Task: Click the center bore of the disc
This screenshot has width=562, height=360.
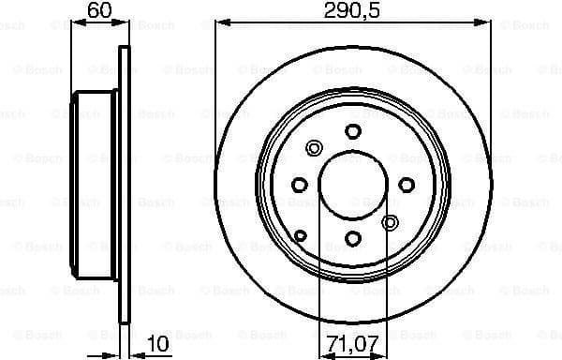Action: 352,185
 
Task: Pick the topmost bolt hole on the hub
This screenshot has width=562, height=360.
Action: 352,131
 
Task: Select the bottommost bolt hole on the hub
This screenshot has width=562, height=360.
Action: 352,238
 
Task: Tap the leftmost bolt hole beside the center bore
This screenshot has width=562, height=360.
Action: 300,185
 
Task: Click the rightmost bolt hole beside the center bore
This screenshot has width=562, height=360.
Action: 406,185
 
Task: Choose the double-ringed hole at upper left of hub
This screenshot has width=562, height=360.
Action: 314,147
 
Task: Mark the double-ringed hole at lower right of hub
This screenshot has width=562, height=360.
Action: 392,222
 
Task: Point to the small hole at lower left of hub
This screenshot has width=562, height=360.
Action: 301,234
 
